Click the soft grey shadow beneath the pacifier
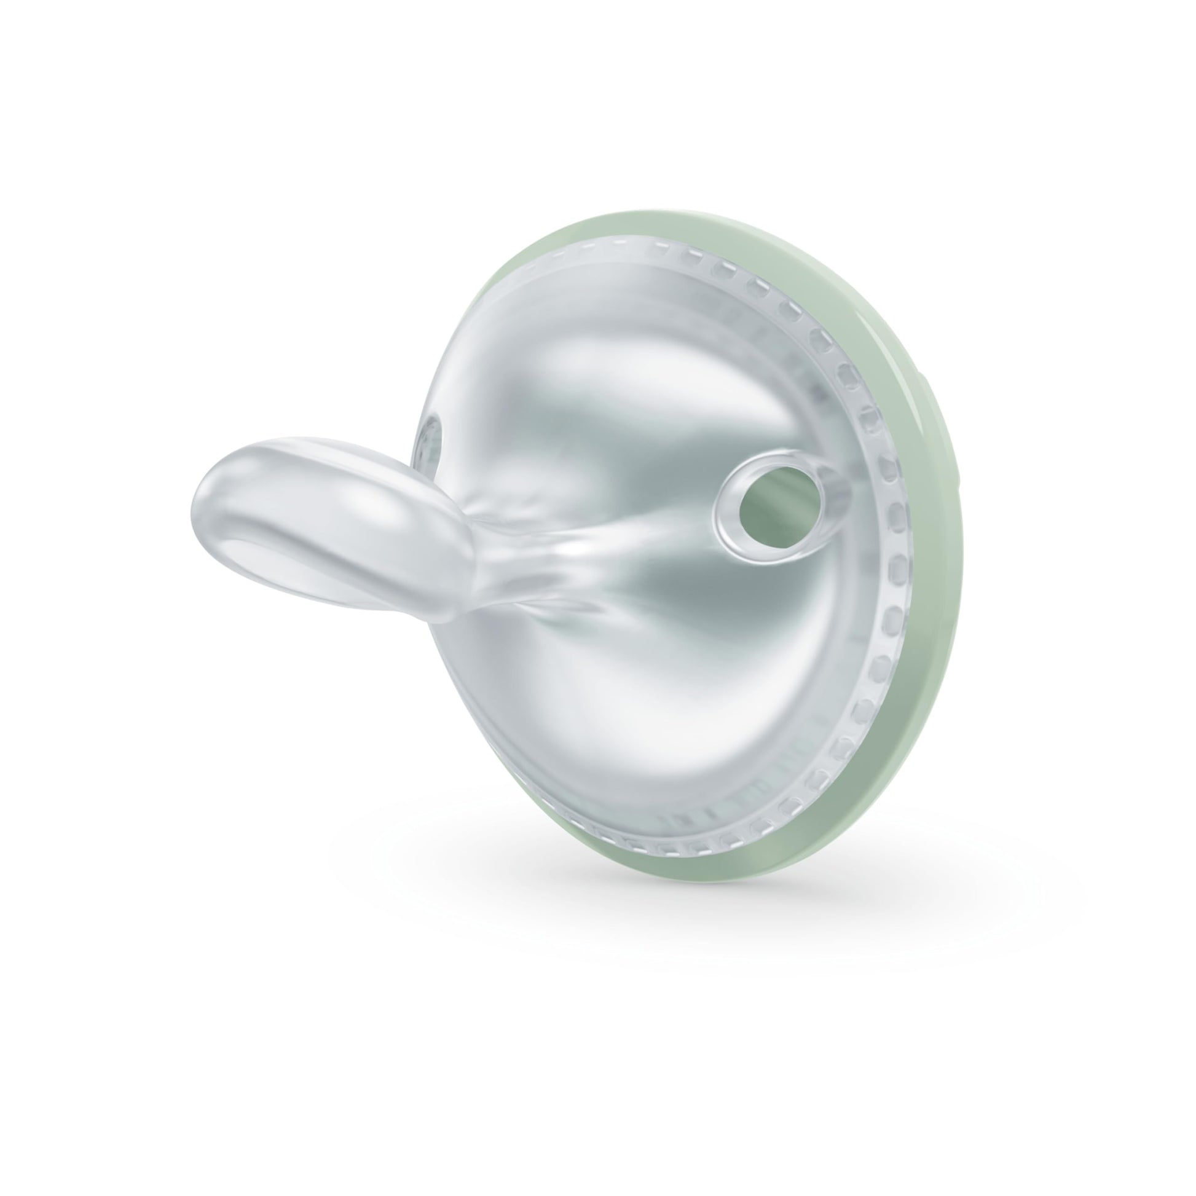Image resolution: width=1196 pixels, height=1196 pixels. click(x=619, y=891)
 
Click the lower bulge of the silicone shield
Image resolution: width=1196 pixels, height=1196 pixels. click(x=619, y=712)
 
